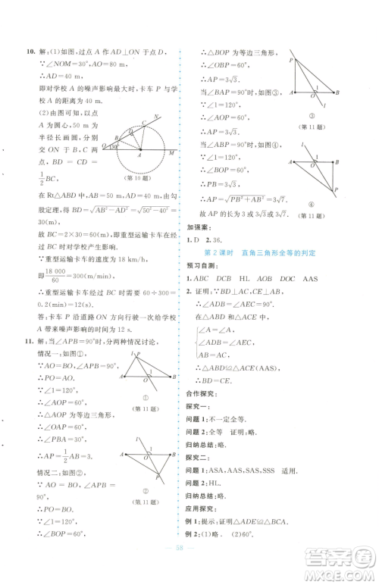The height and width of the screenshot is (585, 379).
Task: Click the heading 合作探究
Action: coord(199,395)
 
